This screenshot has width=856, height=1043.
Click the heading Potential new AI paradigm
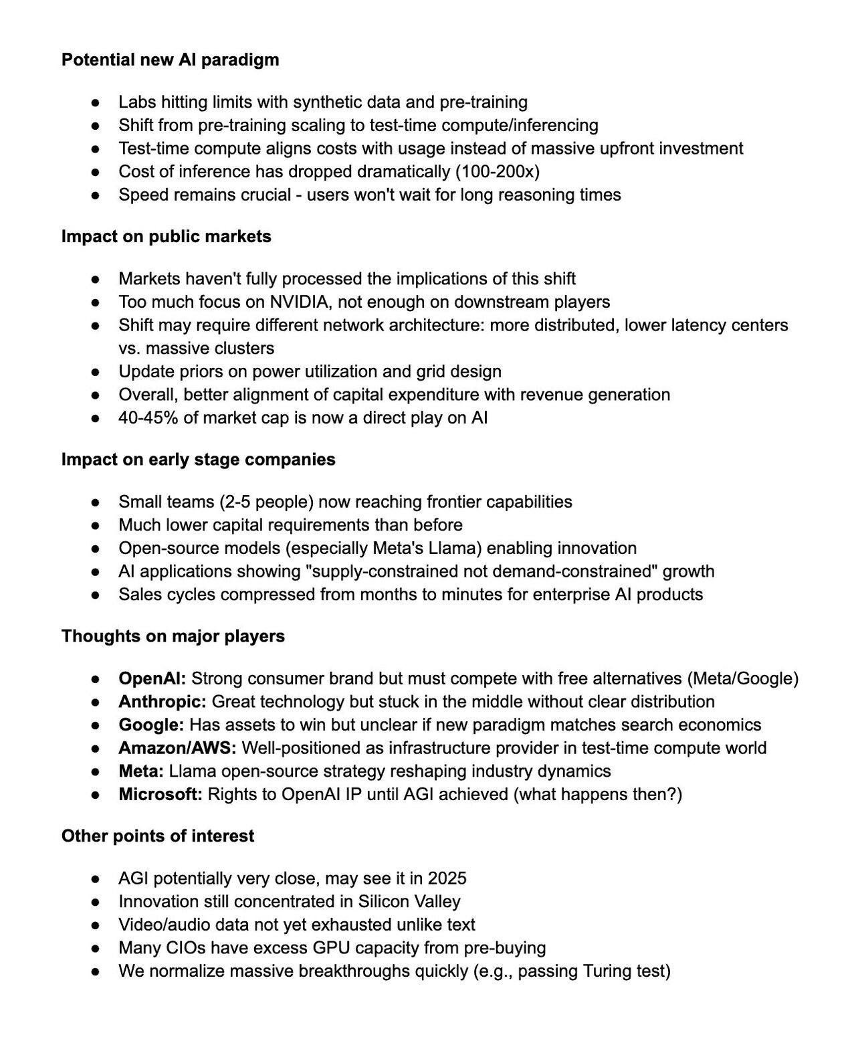click(170, 60)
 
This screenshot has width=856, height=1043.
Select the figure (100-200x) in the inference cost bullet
click(498, 172)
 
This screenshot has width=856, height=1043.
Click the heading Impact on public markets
click(166, 237)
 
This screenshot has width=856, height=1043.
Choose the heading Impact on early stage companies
click(198, 460)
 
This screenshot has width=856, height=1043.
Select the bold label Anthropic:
click(163, 702)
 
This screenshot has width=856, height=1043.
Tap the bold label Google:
click(151, 725)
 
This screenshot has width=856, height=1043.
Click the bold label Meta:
click(141, 771)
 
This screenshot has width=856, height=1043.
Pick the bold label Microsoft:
click(160, 795)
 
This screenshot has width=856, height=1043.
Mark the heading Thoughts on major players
click(173, 636)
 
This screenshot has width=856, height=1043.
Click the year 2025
click(447, 878)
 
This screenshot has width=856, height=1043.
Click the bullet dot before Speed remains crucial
click(96, 195)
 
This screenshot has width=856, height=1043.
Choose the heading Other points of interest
click(157, 836)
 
